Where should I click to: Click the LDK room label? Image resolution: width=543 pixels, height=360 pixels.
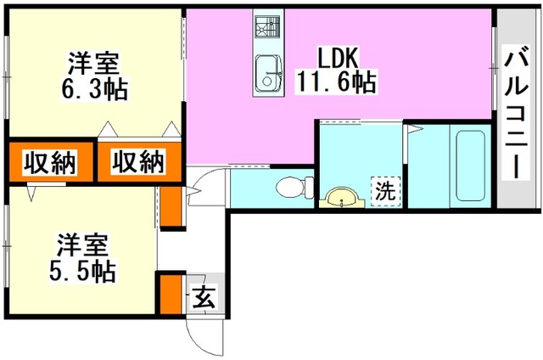click(338, 58)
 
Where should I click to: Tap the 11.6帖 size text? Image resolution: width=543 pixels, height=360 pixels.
click(336, 82)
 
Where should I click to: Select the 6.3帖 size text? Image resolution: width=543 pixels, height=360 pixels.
click(94, 89)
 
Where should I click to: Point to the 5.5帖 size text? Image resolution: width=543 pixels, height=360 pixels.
click(82, 271)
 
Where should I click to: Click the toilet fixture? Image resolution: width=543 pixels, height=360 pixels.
click(294, 188)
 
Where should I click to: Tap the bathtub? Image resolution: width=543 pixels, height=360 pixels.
click(470, 166)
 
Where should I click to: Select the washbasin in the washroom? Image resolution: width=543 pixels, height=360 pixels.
click(342, 198)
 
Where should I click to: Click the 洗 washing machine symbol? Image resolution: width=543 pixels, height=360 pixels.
click(385, 188)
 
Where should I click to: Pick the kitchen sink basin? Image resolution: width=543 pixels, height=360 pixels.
click(268, 74)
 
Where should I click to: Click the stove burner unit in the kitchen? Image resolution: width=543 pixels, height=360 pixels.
click(267, 26)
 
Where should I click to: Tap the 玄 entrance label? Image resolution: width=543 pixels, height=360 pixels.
click(204, 295)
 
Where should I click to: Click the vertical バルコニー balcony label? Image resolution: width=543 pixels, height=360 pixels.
click(516, 112)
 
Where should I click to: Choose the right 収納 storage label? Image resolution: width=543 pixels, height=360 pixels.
click(137, 161)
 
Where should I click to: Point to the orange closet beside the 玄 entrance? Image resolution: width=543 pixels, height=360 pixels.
click(171, 294)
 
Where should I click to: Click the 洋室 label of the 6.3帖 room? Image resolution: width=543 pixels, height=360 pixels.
click(93, 63)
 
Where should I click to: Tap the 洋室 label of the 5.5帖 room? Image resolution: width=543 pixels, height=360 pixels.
click(83, 245)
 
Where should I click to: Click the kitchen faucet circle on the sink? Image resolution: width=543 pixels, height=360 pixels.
click(267, 82)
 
